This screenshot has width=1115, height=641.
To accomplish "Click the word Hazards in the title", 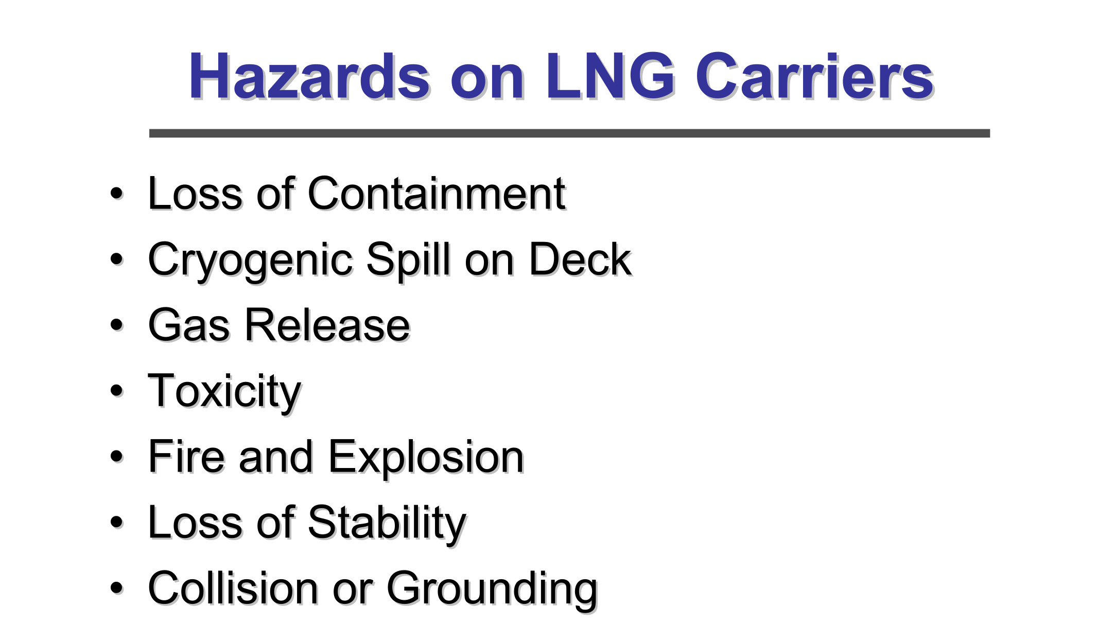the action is (x=309, y=76).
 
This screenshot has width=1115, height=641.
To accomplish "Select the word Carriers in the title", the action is (x=814, y=76).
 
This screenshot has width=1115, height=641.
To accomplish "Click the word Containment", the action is (x=437, y=194).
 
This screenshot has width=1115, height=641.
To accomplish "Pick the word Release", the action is (x=327, y=325).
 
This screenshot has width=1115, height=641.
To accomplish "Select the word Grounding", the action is (x=492, y=591).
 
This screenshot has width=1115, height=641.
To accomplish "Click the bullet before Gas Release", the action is (x=117, y=326).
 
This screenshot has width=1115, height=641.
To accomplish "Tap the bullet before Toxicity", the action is (x=117, y=391).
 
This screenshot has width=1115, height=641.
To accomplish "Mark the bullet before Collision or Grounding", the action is (x=117, y=588).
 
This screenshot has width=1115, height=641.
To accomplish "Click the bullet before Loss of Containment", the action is (x=117, y=195).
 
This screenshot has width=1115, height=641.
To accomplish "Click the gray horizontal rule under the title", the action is (x=569, y=133).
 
